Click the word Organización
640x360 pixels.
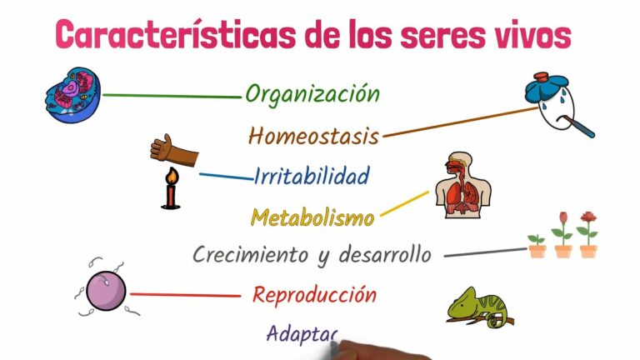point(312,94)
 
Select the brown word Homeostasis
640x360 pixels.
point(314,135)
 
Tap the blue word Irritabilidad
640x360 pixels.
point(312,176)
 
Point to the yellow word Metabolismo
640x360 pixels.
point(312,218)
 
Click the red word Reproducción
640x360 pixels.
point(314,294)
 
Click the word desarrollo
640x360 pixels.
point(385,254)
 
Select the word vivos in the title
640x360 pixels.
point(531,36)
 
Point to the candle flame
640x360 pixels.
point(172,176)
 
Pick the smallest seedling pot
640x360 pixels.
point(536,247)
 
